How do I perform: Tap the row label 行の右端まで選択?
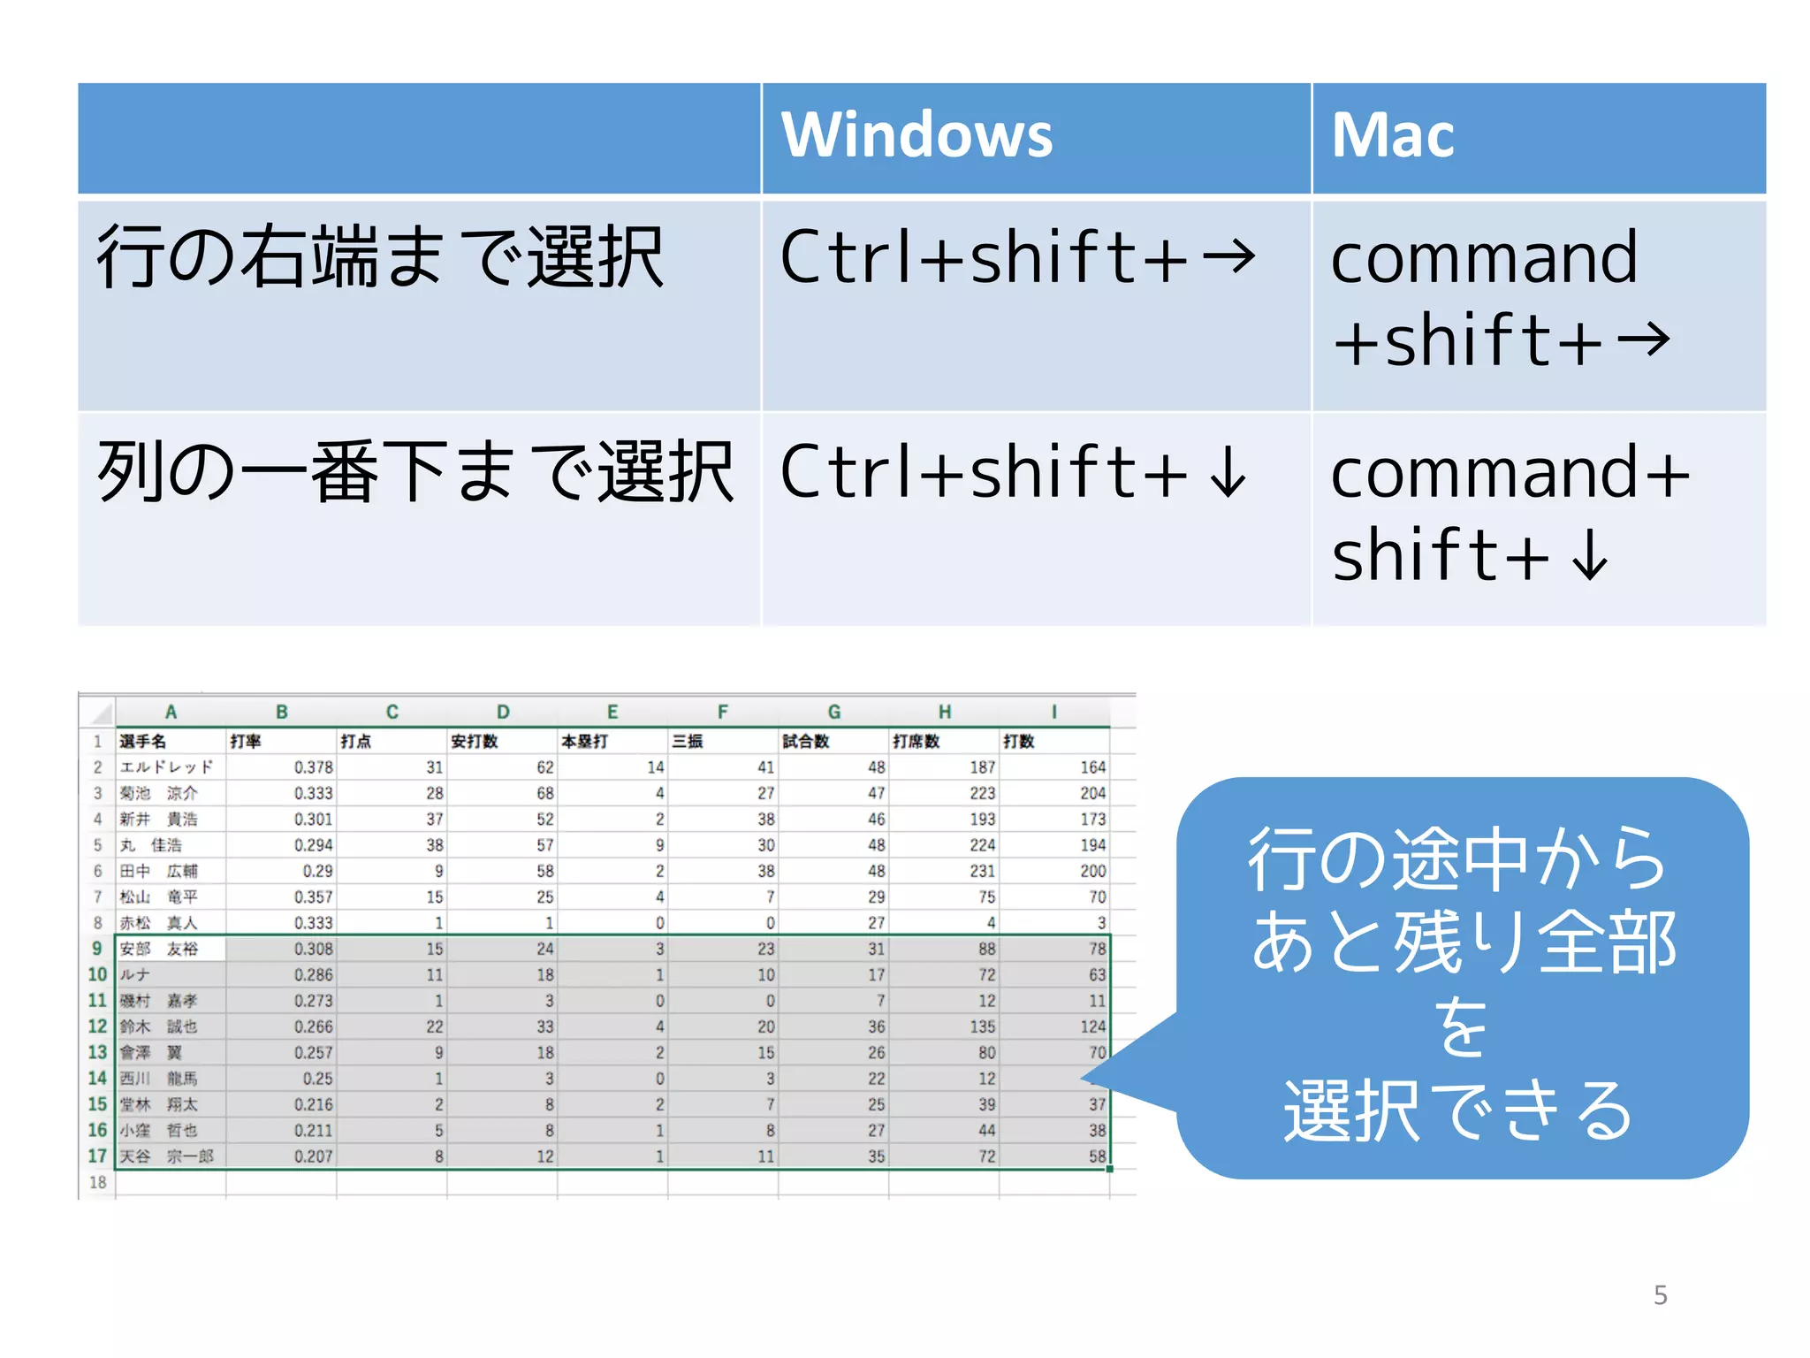(x=380, y=257)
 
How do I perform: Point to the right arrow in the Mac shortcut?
(x=1644, y=340)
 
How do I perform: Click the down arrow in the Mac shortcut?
(x=1591, y=555)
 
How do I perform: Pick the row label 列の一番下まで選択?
(x=415, y=473)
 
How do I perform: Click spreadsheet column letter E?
(x=612, y=712)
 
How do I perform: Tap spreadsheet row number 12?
(x=97, y=1026)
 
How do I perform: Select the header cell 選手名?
(x=143, y=741)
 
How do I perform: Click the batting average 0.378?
(x=313, y=767)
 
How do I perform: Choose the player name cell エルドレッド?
(x=166, y=767)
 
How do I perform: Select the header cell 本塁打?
(x=584, y=741)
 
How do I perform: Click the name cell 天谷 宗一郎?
(x=166, y=1156)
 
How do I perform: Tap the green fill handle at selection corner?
(x=1109, y=1169)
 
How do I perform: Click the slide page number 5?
(x=1660, y=1295)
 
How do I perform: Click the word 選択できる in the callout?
(x=1458, y=1111)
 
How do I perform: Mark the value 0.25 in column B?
(x=317, y=1079)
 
